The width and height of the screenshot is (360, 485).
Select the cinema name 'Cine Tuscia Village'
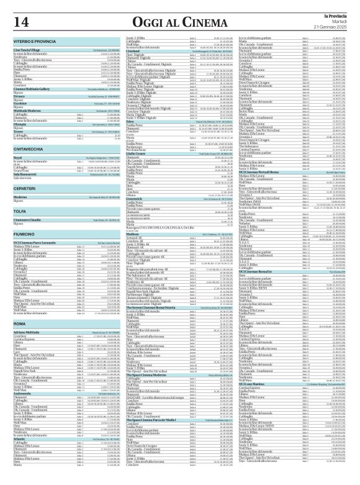[x=29, y=50]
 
